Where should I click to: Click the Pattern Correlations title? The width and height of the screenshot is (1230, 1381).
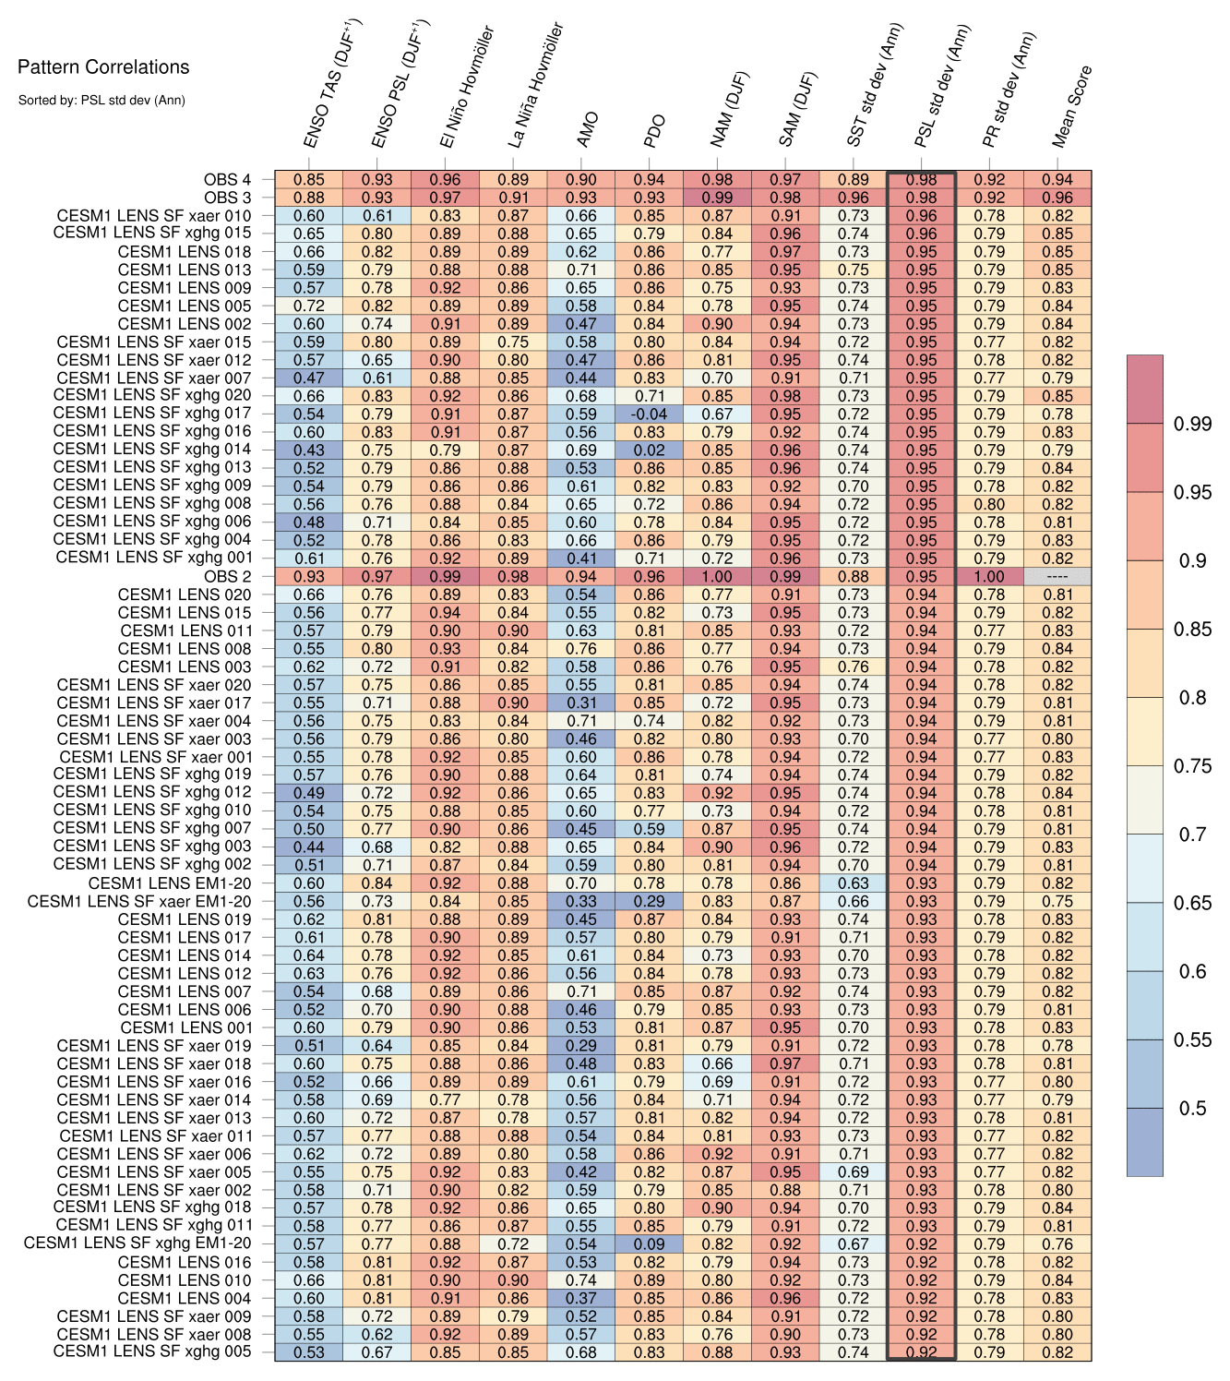click(103, 67)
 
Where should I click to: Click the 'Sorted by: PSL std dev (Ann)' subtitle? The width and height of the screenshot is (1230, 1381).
click(102, 100)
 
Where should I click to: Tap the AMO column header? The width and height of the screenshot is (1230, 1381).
click(588, 130)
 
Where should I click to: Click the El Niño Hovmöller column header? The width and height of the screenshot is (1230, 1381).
click(467, 88)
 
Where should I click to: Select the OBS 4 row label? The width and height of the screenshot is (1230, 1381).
click(227, 180)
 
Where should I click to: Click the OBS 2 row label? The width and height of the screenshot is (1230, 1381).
click(227, 577)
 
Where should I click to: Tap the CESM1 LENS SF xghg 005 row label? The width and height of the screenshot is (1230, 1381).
click(152, 1351)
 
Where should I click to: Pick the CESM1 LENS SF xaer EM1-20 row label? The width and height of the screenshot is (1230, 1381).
click(139, 901)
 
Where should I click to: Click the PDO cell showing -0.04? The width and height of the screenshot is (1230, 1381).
click(650, 414)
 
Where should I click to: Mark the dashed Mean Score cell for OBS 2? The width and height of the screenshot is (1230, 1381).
click(1057, 577)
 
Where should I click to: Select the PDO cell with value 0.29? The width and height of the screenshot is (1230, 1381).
click(650, 901)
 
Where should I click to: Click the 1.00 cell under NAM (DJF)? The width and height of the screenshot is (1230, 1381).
click(717, 577)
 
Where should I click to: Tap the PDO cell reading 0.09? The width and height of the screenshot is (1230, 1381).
click(650, 1243)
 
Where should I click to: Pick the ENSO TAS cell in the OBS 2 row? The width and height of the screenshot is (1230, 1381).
click(309, 577)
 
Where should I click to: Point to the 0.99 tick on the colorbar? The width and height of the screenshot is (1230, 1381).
click(1192, 424)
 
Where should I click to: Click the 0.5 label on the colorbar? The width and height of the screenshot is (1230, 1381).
click(1192, 1108)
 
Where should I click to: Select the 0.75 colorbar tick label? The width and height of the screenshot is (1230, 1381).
click(1192, 765)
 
